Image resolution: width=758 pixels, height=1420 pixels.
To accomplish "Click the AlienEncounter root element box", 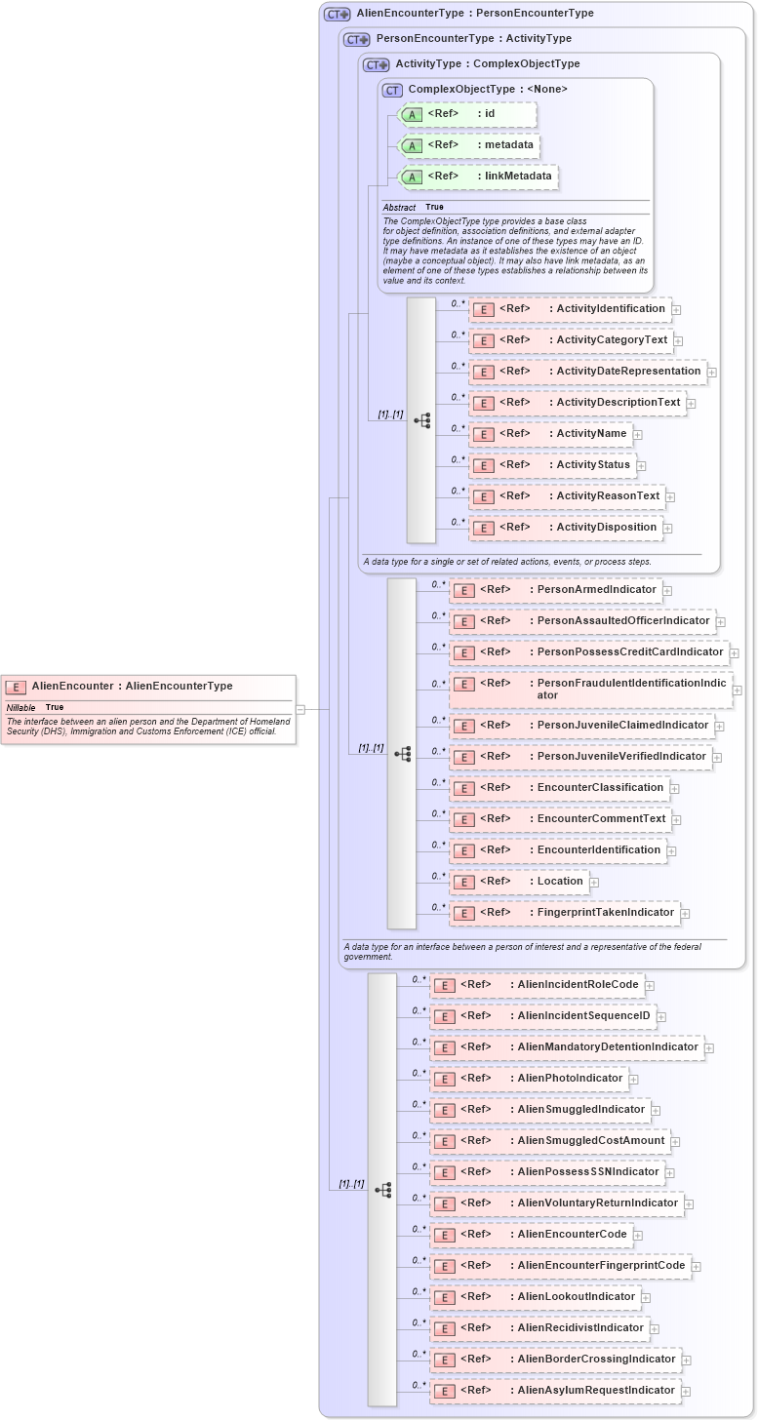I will (147, 687).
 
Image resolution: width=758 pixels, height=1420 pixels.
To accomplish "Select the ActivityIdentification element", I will (569, 309).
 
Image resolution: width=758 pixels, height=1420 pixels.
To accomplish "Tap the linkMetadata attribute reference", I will (478, 177).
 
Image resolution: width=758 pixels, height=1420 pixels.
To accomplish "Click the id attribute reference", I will (468, 114).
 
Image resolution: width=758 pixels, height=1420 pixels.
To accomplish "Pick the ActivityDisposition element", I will (565, 528).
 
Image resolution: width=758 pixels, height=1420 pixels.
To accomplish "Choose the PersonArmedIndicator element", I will (554, 590).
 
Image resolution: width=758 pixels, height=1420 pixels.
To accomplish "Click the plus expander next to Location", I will (594, 883).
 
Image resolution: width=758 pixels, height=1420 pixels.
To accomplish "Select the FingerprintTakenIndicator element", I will (564, 913).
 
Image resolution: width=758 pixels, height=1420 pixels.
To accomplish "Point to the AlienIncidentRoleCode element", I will (538, 985).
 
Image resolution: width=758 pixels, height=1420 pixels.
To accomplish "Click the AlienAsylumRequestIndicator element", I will (555, 1391).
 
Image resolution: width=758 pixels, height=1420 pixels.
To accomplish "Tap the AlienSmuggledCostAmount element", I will (550, 1141).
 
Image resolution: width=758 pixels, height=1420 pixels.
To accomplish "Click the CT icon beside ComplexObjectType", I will (392, 90).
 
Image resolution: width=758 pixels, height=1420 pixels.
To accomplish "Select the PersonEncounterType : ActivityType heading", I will (473, 39).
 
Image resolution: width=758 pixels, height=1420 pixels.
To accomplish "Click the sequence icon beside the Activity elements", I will (421, 420).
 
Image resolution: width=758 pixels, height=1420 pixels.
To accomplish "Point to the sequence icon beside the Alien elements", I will (382, 1190).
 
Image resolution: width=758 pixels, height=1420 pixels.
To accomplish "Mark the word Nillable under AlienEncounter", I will (20, 707).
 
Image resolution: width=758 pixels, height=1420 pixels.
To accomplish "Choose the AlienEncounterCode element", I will (532, 1235).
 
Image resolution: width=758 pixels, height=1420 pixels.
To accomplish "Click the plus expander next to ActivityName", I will (638, 435).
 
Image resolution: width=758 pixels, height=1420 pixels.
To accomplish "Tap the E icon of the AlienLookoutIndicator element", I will (444, 1297).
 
